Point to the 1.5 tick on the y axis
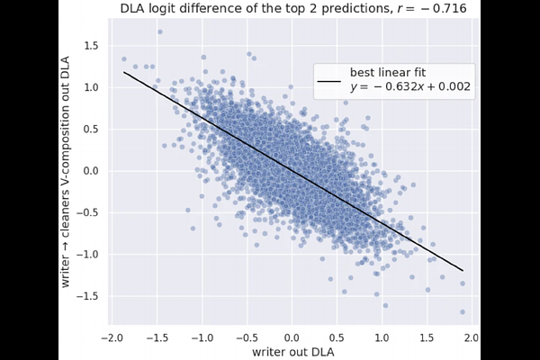click(x=87, y=46)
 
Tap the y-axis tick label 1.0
click(x=87, y=87)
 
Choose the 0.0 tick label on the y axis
click(x=87, y=171)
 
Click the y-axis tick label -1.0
click(x=85, y=254)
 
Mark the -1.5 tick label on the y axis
click(x=85, y=296)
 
